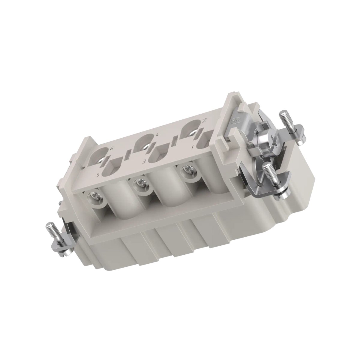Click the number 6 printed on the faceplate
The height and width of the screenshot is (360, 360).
point(112,149)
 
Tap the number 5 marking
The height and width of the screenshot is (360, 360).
point(98,175)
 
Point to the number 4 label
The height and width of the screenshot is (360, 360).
point(157,134)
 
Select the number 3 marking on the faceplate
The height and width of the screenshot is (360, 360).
point(144,161)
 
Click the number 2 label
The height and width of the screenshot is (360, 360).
point(204,121)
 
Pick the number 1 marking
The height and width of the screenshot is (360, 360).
point(192,148)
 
